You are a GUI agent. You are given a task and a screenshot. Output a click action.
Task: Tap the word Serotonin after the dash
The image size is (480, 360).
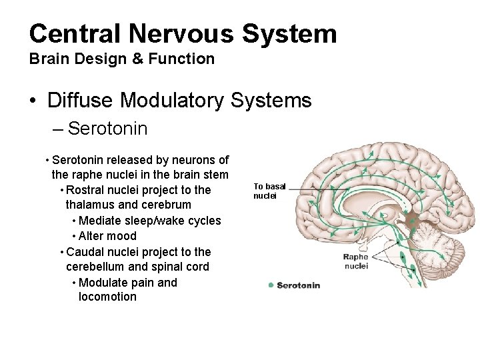click(x=108, y=128)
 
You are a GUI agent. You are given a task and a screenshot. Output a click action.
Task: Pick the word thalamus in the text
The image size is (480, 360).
click(x=91, y=205)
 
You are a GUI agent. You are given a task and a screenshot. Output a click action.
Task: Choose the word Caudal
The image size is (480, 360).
click(x=82, y=251)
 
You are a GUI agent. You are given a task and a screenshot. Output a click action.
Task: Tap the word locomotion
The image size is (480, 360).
click(x=107, y=297)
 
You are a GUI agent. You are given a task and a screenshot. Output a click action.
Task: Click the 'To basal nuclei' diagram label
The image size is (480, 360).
click(x=269, y=191)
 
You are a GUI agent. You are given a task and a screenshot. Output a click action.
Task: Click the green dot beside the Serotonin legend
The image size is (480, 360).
click(x=269, y=285)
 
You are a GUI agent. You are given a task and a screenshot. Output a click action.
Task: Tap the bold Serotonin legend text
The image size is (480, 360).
click(x=299, y=285)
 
